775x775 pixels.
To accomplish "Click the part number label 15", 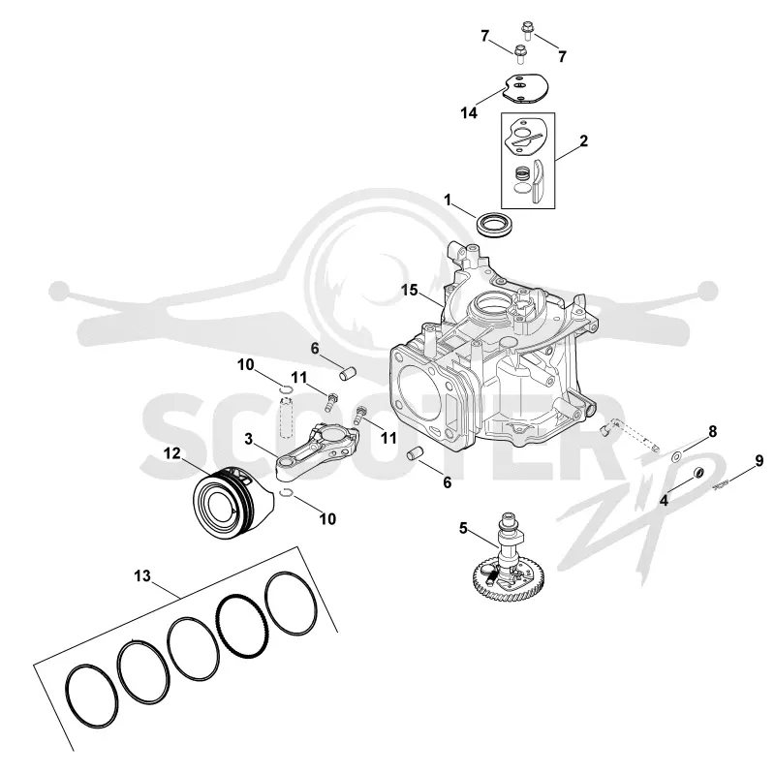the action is point(409,290).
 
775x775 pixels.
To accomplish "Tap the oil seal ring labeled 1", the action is point(496,224).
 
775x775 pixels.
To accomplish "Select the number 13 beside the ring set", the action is point(142,575).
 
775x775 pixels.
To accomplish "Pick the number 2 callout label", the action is point(584,141).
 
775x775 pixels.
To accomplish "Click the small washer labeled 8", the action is point(675,456).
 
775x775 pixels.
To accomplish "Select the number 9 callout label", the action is point(759,461).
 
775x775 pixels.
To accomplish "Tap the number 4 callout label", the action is point(664,501).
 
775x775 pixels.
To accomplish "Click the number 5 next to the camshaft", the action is point(463,528).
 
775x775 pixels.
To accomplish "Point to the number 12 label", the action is point(172,452).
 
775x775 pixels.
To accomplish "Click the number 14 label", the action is point(469,113).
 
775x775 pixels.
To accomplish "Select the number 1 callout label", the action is point(448,201).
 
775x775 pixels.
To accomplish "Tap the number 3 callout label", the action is point(249,439).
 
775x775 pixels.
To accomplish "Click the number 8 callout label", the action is point(713,431).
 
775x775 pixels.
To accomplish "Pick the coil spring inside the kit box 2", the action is point(522,173).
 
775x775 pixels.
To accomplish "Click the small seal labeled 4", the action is point(698,472).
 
